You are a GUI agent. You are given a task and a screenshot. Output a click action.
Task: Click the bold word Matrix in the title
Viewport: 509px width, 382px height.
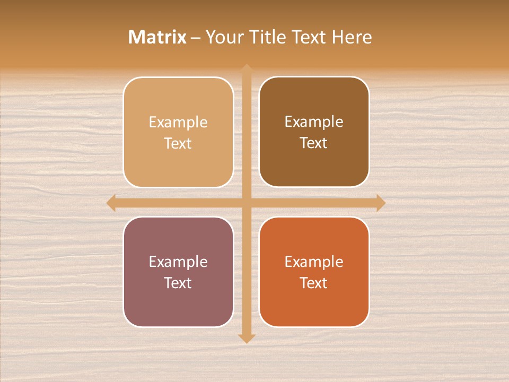pyautogui.click(x=157, y=37)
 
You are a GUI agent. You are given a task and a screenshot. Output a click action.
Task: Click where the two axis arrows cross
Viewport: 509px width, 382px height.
pyautogui.click(x=246, y=203)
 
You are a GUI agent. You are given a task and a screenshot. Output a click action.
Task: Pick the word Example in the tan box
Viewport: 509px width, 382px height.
pyautogui.click(x=178, y=122)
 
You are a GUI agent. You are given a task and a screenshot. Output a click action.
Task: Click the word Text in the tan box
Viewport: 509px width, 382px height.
pyautogui.click(x=178, y=143)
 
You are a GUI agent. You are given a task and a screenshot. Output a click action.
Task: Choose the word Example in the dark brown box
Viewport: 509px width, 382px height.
pyautogui.click(x=314, y=121)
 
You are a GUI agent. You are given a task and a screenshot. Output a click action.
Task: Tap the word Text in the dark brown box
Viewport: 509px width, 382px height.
pyautogui.click(x=314, y=143)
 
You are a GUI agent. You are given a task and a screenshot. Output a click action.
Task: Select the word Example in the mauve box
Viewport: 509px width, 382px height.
pyautogui.click(x=178, y=262)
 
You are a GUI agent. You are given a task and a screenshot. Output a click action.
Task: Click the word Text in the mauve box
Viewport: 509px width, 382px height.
pyautogui.click(x=178, y=283)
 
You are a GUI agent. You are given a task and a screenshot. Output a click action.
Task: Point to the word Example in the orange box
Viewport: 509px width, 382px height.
pyautogui.click(x=314, y=262)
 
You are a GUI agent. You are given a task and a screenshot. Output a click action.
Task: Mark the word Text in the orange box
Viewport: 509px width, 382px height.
pyautogui.click(x=314, y=283)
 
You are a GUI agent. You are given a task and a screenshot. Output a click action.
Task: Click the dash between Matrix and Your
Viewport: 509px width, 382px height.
pyautogui.click(x=196, y=38)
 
